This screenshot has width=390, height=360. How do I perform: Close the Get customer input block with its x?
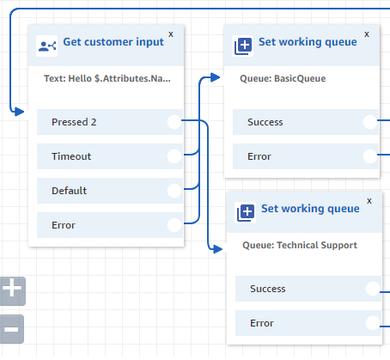click(170, 34)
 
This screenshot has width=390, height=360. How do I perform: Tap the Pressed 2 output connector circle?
click(174, 122)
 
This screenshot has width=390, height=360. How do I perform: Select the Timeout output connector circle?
click(174, 156)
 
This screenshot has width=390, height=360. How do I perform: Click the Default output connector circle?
click(174, 191)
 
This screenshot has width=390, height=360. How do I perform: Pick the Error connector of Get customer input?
click(174, 225)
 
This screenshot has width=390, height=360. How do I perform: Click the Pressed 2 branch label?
click(74, 122)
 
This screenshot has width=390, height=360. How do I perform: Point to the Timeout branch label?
click(70, 156)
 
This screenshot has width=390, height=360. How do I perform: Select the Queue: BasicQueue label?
click(283, 78)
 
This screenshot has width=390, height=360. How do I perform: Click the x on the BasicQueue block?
click(367, 34)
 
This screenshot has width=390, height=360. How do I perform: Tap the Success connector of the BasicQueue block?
click(370, 122)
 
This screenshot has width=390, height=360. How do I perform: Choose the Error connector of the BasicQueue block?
click(370, 156)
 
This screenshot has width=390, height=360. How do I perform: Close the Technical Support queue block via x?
click(369, 201)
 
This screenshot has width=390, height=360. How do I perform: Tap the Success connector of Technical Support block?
click(373, 289)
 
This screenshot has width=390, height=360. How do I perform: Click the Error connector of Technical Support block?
click(373, 323)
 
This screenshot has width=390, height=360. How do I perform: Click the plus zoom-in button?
click(12, 290)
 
